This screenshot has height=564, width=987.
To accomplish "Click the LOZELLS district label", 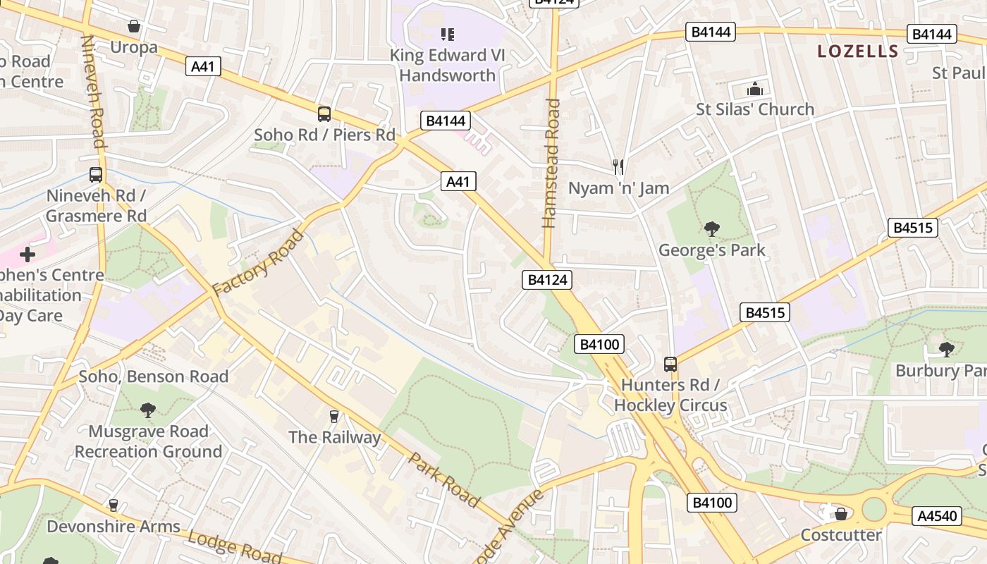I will pos(857,51).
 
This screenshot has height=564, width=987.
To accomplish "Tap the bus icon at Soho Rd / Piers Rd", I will pos(324,114).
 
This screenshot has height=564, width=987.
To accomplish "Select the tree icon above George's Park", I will pos(712,228).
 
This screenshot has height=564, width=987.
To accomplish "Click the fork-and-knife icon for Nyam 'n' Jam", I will pos(618,167).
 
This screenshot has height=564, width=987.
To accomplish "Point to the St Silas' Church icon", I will pos(755,89).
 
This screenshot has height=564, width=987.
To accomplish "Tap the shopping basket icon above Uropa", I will pos(134,27).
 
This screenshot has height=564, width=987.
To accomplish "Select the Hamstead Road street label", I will pos(551,164).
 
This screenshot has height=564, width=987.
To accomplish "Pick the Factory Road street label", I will pos(258,262).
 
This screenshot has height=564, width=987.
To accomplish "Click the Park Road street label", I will pos(444,479).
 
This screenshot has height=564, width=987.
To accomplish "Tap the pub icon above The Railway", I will pos(334,416).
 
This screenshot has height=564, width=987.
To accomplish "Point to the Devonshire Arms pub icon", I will pos(113,505).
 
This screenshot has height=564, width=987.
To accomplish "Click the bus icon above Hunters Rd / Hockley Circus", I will pos(670,364).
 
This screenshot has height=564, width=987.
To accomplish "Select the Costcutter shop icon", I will pos(840,514).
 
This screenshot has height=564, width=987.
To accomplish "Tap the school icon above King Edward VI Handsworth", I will pos(447,34).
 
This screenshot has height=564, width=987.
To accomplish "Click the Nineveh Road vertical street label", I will pos(93,92).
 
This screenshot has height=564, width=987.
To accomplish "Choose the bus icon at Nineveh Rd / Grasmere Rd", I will pos(96,175).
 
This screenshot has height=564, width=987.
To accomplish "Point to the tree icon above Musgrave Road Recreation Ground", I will pos(148,410).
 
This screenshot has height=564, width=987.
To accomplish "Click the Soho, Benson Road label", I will pos(154,376).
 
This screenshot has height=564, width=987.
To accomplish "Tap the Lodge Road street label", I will pos(234,548).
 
